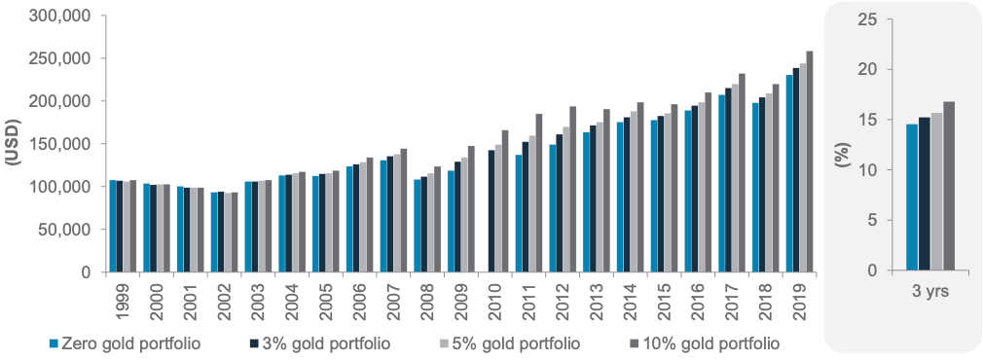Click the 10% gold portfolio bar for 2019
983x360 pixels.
(x=810, y=162)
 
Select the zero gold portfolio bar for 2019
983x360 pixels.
(x=789, y=174)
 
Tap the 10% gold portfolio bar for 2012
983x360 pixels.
(x=572, y=190)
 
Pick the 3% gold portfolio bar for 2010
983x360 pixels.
(x=491, y=211)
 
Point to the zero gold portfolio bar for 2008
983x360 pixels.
(x=418, y=226)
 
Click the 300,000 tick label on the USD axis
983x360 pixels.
(x=61, y=15)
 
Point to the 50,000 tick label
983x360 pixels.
(x=66, y=230)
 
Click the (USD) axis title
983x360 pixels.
(x=12, y=144)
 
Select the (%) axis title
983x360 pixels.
(x=841, y=144)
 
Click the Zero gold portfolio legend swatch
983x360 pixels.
(x=54, y=344)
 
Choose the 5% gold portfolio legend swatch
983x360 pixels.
(x=445, y=344)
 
